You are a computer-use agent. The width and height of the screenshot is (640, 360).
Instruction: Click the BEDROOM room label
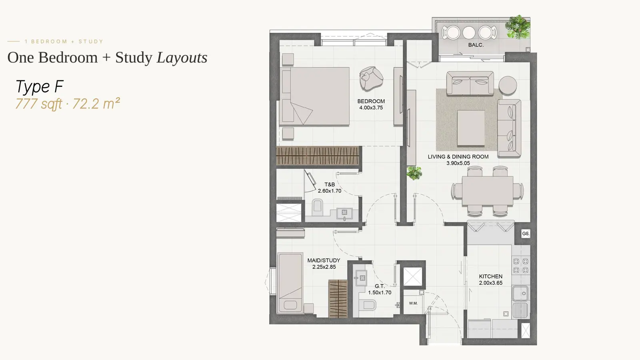pyautogui.click(x=371, y=101)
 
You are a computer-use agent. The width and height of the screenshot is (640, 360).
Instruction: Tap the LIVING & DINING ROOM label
pyautogui.click(x=458, y=156)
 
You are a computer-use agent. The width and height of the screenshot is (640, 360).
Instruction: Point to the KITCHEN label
pyautogui.click(x=490, y=276)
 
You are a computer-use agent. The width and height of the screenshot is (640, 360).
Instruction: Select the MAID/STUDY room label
pyautogui.click(x=324, y=260)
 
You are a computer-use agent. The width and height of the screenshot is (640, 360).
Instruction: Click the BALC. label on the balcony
pyautogui.click(x=476, y=45)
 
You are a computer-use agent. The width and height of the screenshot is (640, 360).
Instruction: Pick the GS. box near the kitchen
pyautogui.click(x=526, y=234)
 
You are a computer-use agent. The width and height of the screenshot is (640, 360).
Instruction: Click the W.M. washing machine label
pyautogui.click(x=413, y=303)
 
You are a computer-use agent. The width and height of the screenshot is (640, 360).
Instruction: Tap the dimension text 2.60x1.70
pyautogui.click(x=330, y=191)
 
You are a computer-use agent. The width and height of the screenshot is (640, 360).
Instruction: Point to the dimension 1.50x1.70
pyautogui.click(x=380, y=292)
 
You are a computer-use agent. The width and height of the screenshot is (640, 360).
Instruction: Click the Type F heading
pyautogui.click(x=40, y=86)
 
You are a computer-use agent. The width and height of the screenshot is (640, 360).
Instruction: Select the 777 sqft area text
pyautogui.click(x=38, y=104)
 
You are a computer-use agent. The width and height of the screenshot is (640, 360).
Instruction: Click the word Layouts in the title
pyautogui.click(x=182, y=58)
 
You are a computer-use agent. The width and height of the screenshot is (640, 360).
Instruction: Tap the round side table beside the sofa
pyautogui.click(x=508, y=85)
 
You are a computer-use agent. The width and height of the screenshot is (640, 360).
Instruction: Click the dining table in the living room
pyautogui.click(x=488, y=190)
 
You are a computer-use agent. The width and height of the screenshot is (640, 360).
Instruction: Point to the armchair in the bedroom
pyautogui.click(x=371, y=78)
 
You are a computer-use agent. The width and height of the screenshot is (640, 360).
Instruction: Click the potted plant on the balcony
pyautogui.click(x=518, y=27)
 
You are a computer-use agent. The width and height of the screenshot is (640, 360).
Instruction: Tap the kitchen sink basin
pyautogui.click(x=520, y=294)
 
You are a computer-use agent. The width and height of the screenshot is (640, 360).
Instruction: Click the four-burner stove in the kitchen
pyautogui.click(x=520, y=266)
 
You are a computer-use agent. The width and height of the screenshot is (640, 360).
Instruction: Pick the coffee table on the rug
pyautogui.click(x=471, y=128)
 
